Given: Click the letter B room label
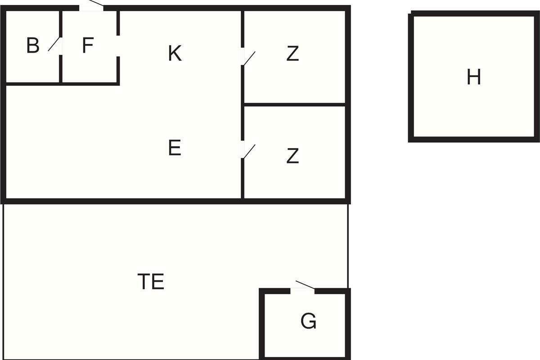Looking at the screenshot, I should [x=33, y=46].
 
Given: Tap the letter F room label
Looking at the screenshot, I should [x=88, y=46].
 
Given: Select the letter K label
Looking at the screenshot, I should [x=175, y=54].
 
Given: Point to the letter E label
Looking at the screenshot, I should [x=175, y=148].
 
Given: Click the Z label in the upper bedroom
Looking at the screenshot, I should [x=292, y=54].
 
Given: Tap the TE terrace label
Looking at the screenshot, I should [x=151, y=282].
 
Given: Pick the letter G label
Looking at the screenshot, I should [x=308, y=322].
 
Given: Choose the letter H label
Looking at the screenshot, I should [x=473, y=77].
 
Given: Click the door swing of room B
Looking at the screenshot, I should [x=54, y=44].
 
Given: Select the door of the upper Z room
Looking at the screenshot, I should [x=248, y=58].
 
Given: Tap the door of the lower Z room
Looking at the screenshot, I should [x=248, y=151].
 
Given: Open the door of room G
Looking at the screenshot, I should [x=304, y=285].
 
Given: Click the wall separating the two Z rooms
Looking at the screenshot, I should [x=294, y=104].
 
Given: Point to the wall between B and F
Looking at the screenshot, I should [x=61, y=70].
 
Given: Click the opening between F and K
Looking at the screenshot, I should [x=118, y=46].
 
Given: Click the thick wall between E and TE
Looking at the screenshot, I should [x=135, y=201].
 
